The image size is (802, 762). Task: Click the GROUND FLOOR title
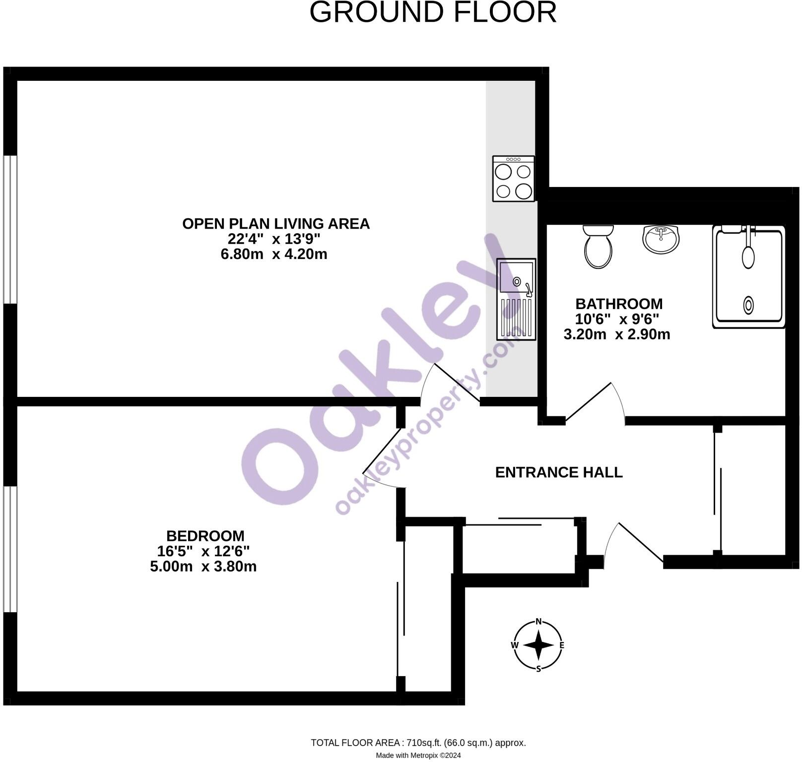tap(433, 12)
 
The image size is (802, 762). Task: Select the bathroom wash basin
tap(661, 239)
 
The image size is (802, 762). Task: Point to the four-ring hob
tap(514, 179)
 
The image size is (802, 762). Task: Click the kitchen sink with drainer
tap(517, 299)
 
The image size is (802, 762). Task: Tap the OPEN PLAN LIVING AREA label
tap(276, 224)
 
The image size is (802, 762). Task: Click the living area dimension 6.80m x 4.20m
tap(274, 254)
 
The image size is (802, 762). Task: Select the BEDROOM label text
tap(205, 536)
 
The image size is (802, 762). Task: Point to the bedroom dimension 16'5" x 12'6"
tap(203, 551)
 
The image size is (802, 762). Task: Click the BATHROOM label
tap(619, 304)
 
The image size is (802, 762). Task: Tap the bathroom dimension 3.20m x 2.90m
tap(617, 334)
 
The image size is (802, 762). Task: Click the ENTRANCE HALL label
tap(559, 472)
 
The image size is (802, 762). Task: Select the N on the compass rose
tap(538, 622)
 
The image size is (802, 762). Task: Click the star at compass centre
tap(538, 645)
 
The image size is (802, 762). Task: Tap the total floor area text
tap(418, 743)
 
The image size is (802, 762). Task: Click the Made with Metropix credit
tap(418, 756)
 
